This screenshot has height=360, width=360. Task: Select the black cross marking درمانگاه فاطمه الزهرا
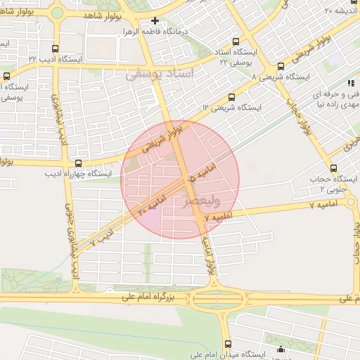[155, 20]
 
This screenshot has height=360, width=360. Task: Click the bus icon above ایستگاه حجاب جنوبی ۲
[333, 167]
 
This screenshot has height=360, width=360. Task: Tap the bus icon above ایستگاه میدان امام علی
[281, 349]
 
